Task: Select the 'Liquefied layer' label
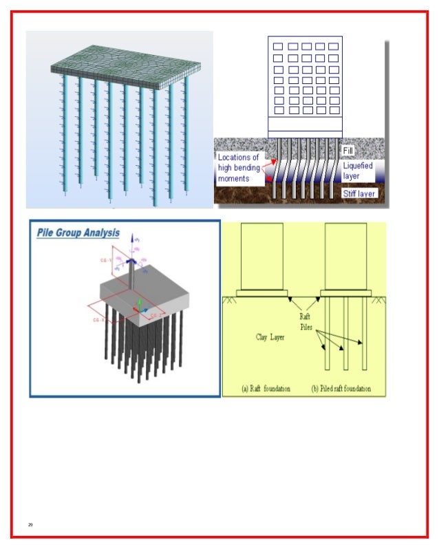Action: pos(358,171)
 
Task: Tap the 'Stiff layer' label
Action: pos(360,194)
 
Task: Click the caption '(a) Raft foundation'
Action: pos(266,389)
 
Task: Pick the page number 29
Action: pos(30,525)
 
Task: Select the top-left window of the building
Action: pos(278,47)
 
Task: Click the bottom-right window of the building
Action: pos(332,110)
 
